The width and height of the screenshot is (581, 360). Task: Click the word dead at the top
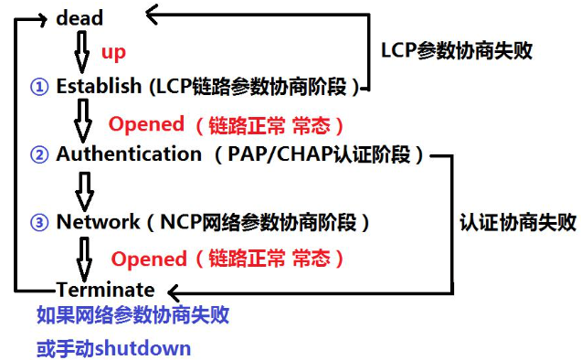tap(79, 17)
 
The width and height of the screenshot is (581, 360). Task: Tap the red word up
tap(113, 52)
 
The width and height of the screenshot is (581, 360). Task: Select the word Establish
tap(99, 87)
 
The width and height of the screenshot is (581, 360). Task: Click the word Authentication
tap(129, 154)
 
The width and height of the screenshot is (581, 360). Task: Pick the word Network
tap(97, 222)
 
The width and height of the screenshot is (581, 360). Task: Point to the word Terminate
tap(105, 290)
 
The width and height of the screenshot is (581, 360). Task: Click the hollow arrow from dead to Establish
tap(81, 51)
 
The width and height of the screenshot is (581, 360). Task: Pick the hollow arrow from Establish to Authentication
tap(83, 120)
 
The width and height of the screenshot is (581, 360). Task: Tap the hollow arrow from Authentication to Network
tap(84, 188)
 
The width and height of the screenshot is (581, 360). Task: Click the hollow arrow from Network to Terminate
tap(84, 256)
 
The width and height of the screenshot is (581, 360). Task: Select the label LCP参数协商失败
tap(456, 50)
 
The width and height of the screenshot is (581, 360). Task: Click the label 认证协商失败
tap(518, 222)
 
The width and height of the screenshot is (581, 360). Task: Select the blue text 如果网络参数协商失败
tap(132, 316)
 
